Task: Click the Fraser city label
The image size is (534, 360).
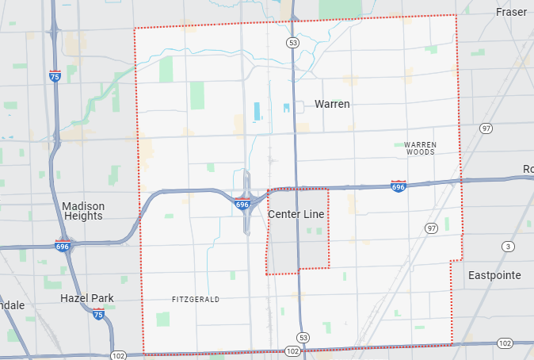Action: [x=511, y=12]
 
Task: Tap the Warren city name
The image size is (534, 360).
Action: [x=332, y=104]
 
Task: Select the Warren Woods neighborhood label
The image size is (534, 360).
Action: [x=420, y=147]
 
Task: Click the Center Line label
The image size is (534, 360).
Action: [x=296, y=215]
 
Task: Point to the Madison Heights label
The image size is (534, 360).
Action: [x=83, y=211]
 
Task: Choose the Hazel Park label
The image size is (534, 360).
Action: [x=87, y=298]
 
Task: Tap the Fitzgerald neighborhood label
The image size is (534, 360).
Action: [x=195, y=299]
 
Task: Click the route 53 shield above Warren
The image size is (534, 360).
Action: [x=293, y=42]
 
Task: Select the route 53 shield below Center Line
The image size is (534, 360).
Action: [x=303, y=336]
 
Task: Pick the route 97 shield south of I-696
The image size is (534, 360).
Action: [x=431, y=228]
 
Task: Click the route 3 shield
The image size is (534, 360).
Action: [x=507, y=247]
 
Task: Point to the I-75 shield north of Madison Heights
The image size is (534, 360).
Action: [x=54, y=77]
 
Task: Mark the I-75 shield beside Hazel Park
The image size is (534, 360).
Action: [x=98, y=315]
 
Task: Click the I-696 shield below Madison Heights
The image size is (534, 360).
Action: [x=62, y=246]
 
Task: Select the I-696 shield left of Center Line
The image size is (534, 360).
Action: [x=242, y=205]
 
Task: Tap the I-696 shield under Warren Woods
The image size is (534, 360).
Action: [x=399, y=186]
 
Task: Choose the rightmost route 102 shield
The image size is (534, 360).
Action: [x=505, y=343]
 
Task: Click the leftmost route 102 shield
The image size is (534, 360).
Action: [x=118, y=354]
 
